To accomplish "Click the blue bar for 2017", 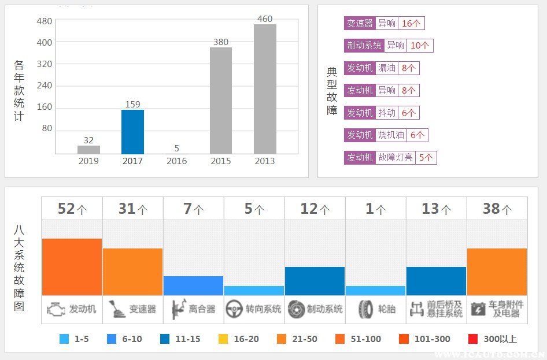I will click(132, 132).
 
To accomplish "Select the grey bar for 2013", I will click(265, 89).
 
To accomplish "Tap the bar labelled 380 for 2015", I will click(221, 101).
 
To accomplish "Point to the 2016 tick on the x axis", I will click(176, 161).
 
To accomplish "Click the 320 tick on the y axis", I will click(45, 64).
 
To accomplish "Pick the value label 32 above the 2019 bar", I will click(88, 140).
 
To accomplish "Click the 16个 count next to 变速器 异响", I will click(412, 23).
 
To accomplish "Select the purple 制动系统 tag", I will click(364, 46).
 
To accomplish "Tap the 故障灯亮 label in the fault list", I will click(396, 157).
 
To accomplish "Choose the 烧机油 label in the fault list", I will click(391, 135).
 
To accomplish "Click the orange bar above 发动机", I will click(72, 267).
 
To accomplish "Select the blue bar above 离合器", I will click(193, 285).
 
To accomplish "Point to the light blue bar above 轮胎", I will click(375, 291).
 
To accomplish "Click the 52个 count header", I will click(72, 209).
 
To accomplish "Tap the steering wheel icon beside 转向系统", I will click(234, 309).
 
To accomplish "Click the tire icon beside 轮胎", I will click(365, 309).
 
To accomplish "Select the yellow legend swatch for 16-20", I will click(223, 339).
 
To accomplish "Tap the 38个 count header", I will click(497, 209).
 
